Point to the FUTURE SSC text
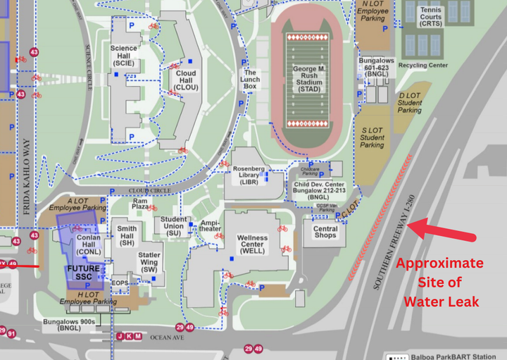click(x=83, y=273)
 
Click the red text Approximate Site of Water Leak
click(x=439, y=282)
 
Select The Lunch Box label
click(x=251, y=79)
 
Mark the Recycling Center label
click(x=423, y=66)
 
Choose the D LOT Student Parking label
click(x=410, y=103)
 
